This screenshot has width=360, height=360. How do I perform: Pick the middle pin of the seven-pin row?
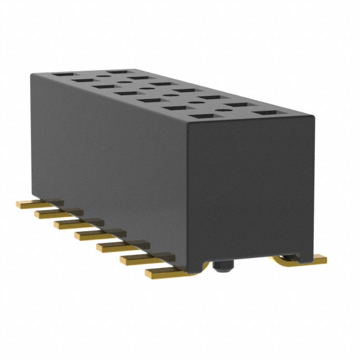(95, 234)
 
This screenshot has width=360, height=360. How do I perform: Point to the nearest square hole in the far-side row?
(267, 113)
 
